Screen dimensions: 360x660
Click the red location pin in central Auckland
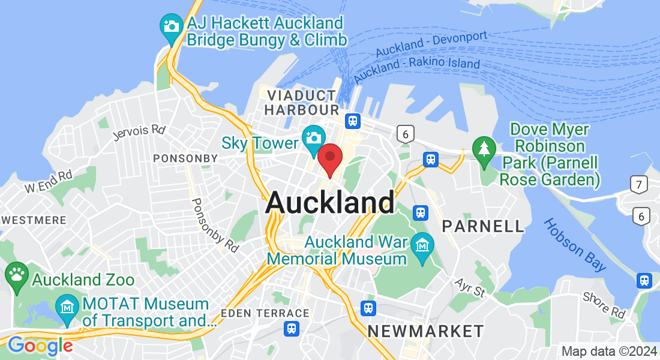(329, 158)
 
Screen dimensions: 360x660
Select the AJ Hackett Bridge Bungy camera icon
(172, 26)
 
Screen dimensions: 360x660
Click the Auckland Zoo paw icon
(16, 275)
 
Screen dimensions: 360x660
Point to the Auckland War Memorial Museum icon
(423, 245)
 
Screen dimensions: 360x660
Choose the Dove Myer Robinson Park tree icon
(484, 148)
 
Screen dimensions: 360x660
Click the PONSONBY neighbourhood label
(185, 158)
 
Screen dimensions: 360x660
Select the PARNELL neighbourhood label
(483, 226)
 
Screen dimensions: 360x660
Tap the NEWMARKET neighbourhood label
(425, 331)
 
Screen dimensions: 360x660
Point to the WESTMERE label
(34, 220)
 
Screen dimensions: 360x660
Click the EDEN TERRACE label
(265, 313)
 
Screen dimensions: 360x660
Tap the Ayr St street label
(469, 287)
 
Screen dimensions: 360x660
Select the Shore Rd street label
(604, 305)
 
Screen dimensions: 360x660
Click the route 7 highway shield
(640, 185)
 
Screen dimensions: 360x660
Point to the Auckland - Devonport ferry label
(431, 44)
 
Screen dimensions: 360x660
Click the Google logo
(40, 346)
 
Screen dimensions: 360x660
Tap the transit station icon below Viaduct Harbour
(352, 121)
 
